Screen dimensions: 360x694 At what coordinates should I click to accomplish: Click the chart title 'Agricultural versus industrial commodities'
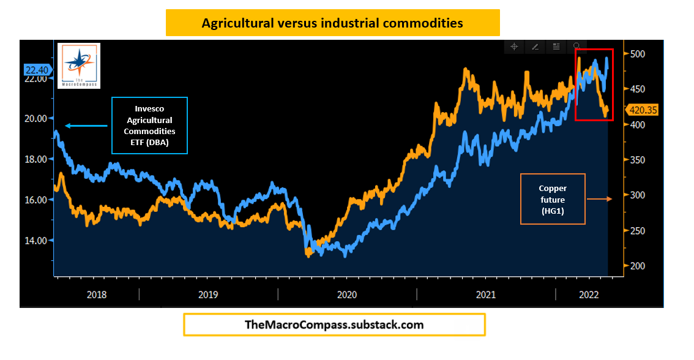coord(332,23)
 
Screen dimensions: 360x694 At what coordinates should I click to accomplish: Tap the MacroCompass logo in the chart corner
coord(78,65)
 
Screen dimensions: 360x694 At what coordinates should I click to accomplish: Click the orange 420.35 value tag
coord(642,110)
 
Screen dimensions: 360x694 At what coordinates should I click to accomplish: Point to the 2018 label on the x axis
coord(97,294)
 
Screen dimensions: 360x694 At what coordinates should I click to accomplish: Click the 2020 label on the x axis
coord(346,294)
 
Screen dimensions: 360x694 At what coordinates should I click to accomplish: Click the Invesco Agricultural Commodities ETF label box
coord(149,126)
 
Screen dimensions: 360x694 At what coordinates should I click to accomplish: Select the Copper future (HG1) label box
coord(553,199)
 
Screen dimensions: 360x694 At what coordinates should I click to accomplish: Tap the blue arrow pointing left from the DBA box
coord(88,126)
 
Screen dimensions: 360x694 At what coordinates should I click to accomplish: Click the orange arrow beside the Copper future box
coord(599,199)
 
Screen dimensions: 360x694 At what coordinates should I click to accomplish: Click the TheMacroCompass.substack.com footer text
coord(334,324)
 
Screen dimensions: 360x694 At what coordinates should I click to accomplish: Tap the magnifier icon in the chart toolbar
coord(576,47)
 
